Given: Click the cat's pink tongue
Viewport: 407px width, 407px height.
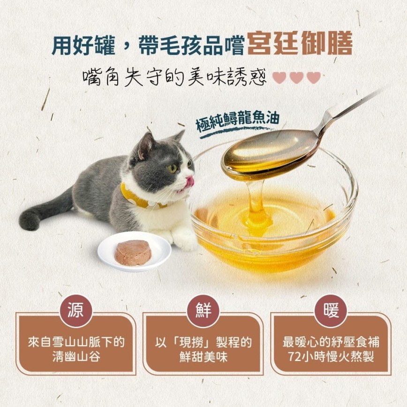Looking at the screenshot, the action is (189, 182).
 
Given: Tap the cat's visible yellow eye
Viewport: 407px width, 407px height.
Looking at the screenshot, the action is (173, 168).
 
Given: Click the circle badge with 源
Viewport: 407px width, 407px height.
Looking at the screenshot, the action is (76, 311).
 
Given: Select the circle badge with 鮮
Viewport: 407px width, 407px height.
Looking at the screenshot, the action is (203, 311).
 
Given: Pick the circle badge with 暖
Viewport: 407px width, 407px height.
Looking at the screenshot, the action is (331, 311).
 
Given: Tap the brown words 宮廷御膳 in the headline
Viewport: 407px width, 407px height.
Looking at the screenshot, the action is (300, 43).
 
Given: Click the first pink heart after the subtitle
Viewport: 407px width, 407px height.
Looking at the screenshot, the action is (279, 77).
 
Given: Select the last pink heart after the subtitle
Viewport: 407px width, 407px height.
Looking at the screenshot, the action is (314, 77).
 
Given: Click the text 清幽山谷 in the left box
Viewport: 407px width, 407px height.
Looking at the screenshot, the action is (76, 357).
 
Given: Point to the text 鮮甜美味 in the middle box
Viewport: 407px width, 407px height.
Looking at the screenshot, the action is (203, 357).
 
